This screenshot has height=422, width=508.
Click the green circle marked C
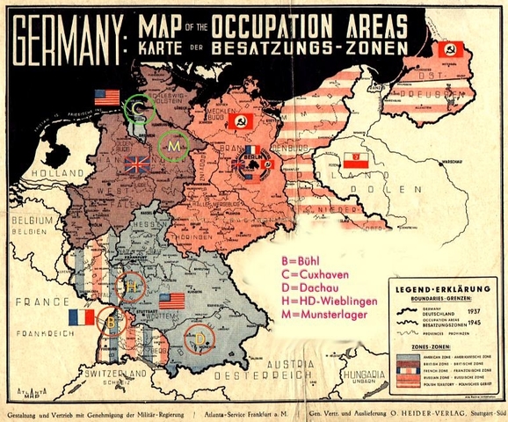(139, 108)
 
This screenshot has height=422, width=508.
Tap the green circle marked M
(174, 144)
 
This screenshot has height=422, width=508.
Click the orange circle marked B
(111, 322)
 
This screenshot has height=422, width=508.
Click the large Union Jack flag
(138, 164)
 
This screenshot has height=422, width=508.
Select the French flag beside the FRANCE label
(81, 316)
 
